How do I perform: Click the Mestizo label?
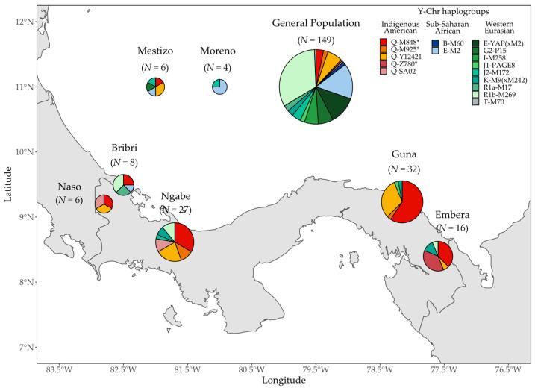tap(155, 51)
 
